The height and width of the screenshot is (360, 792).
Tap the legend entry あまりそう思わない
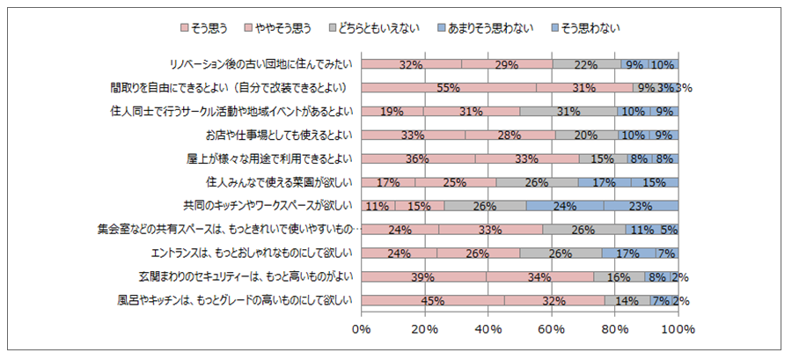pyautogui.click(x=484, y=27)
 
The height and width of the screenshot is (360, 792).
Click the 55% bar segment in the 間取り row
pyautogui.click(x=448, y=88)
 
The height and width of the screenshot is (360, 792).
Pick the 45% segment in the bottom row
pyautogui.click(x=432, y=300)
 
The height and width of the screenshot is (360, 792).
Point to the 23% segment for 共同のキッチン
pyautogui.click(x=640, y=206)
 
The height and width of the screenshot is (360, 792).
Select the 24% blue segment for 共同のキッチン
pyautogui.click(x=564, y=206)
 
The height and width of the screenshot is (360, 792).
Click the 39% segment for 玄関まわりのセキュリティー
pyautogui.click(x=422, y=276)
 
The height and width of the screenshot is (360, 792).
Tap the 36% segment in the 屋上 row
pyautogui.click(x=418, y=158)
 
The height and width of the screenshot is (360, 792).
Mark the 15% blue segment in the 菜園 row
pyautogui.click(x=653, y=182)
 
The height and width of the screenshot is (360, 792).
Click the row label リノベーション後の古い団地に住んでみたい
pyautogui.click(x=261, y=64)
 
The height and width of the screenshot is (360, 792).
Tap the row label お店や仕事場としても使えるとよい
pyautogui.click(x=278, y=135)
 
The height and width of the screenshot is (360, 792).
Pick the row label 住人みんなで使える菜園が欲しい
pyautogui.click(x=278, y=182)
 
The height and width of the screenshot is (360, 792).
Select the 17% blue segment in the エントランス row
pyautogui.click(x=628, y=253)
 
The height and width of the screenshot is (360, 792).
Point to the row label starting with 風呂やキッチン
pyautogui.click(x=235, y=300)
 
